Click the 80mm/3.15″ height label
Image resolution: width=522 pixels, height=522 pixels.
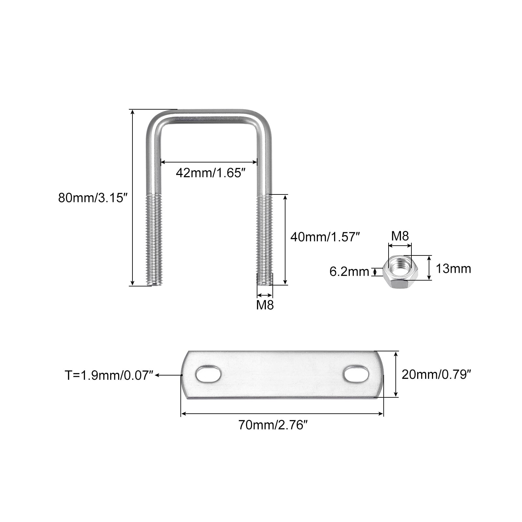[92, 198]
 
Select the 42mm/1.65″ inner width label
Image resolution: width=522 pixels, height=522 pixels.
[210, 173]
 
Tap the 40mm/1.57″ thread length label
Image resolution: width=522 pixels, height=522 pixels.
[325, 237]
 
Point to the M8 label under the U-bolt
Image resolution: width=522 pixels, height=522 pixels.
[265, 305]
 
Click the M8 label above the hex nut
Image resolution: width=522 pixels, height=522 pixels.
[400, 236]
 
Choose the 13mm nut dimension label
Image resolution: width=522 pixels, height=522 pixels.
[453, 269]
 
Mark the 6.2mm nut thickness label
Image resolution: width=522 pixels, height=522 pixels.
[349, 271]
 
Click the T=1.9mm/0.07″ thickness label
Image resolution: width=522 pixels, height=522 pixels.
[109, 376]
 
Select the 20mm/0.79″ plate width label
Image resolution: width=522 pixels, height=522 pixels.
[436, 374]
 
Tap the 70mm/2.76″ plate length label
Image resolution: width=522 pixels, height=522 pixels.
[273, 425]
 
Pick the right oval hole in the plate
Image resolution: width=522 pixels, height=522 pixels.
[357, 375]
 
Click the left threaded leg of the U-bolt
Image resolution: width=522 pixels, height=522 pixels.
[153, 240]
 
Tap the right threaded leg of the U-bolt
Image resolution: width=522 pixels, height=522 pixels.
[265, 240]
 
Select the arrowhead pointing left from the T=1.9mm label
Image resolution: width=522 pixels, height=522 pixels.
[157, 376]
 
